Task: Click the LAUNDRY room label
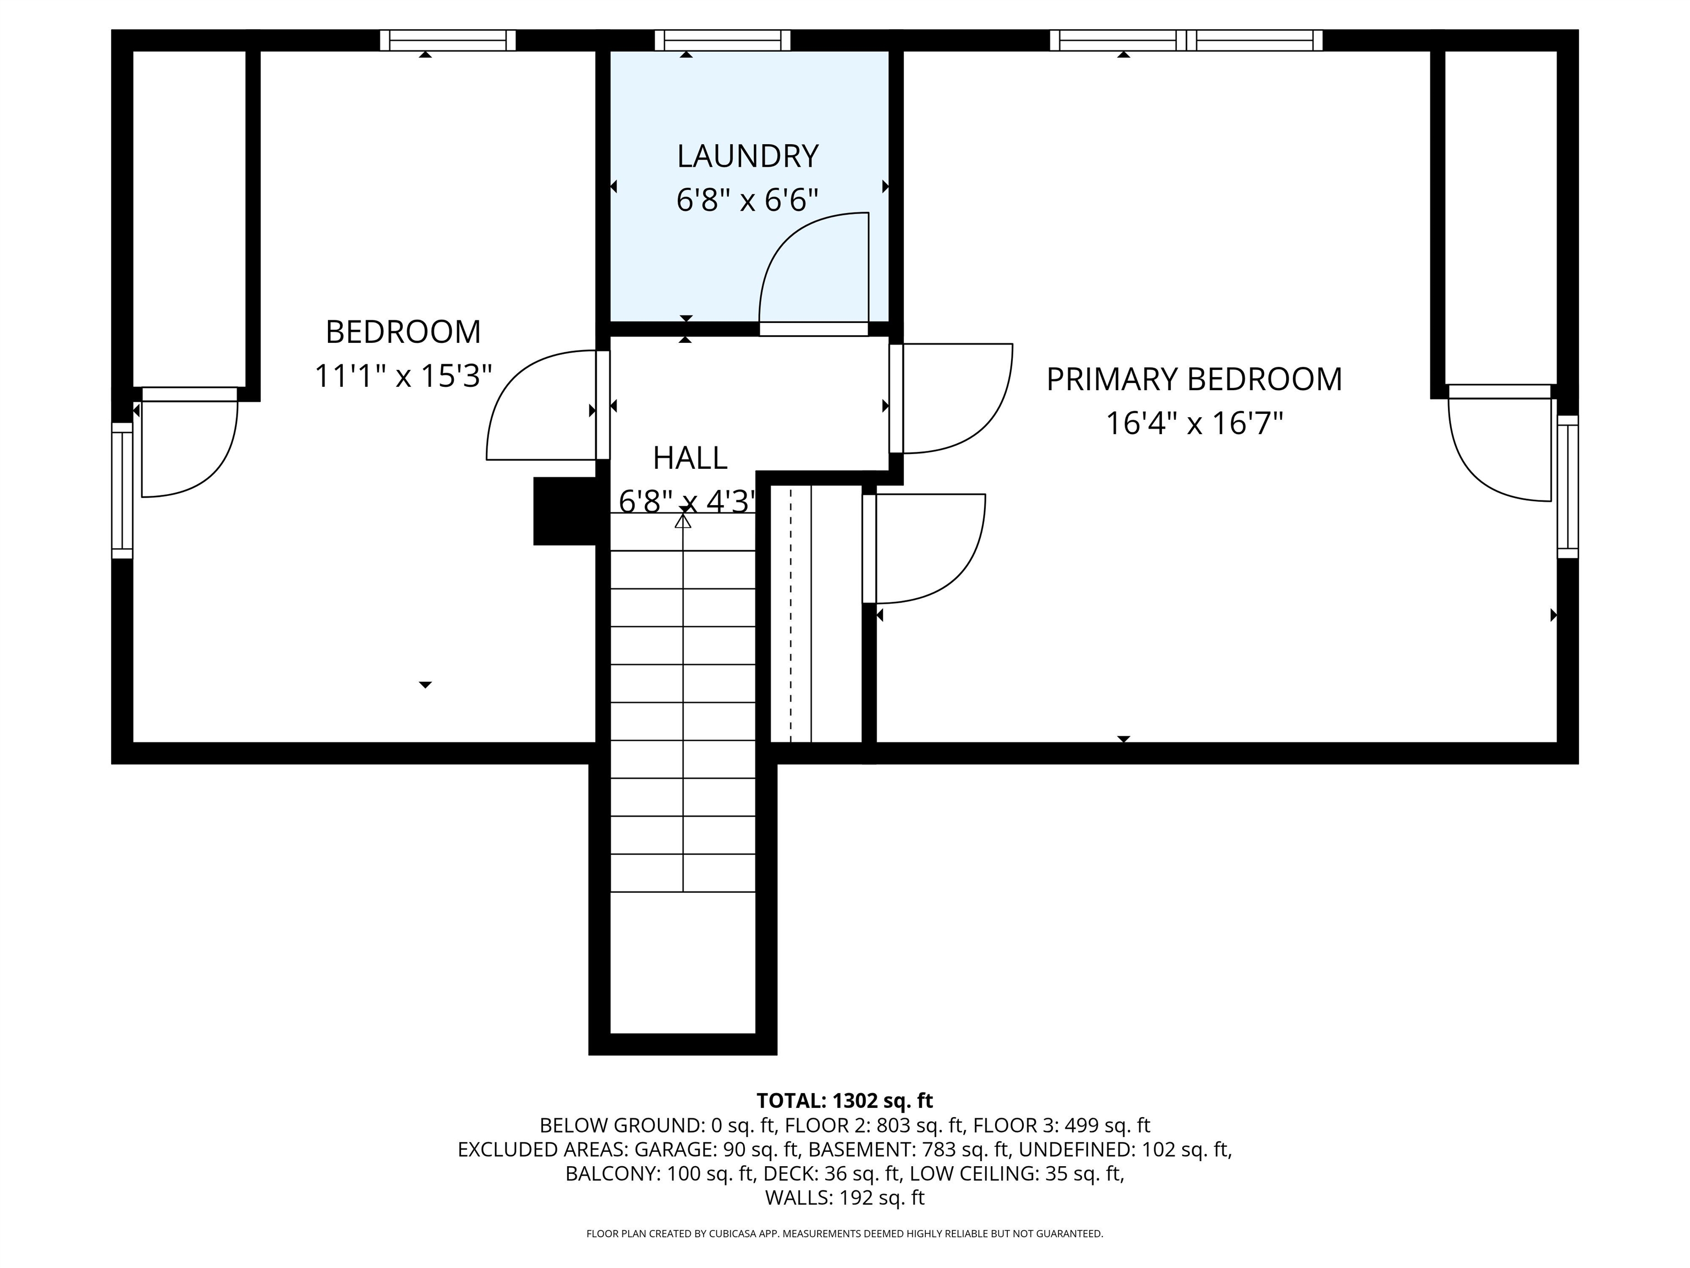tap(747, 157)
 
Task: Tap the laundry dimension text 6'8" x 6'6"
tap(747, 201)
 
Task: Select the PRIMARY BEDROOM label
tap(1193, 379)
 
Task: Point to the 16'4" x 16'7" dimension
tap(1194, 423)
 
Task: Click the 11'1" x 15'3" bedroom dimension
tap(403, 376)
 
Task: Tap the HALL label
tap(690, 458)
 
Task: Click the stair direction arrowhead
tap(683, 521)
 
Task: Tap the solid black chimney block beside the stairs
tap(564, 511)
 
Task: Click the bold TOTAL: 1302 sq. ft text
tap(844, 1101)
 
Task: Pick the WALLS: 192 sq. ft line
tap(845, 1198)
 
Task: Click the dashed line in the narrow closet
tap(791, 614)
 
